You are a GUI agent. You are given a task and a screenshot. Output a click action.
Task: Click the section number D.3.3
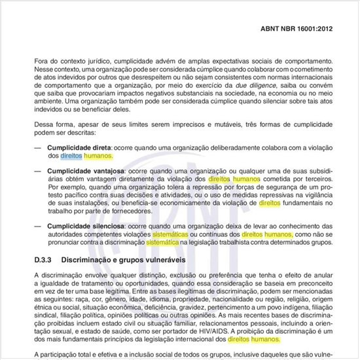45,261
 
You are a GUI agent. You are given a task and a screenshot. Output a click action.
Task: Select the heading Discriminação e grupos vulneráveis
128,261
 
